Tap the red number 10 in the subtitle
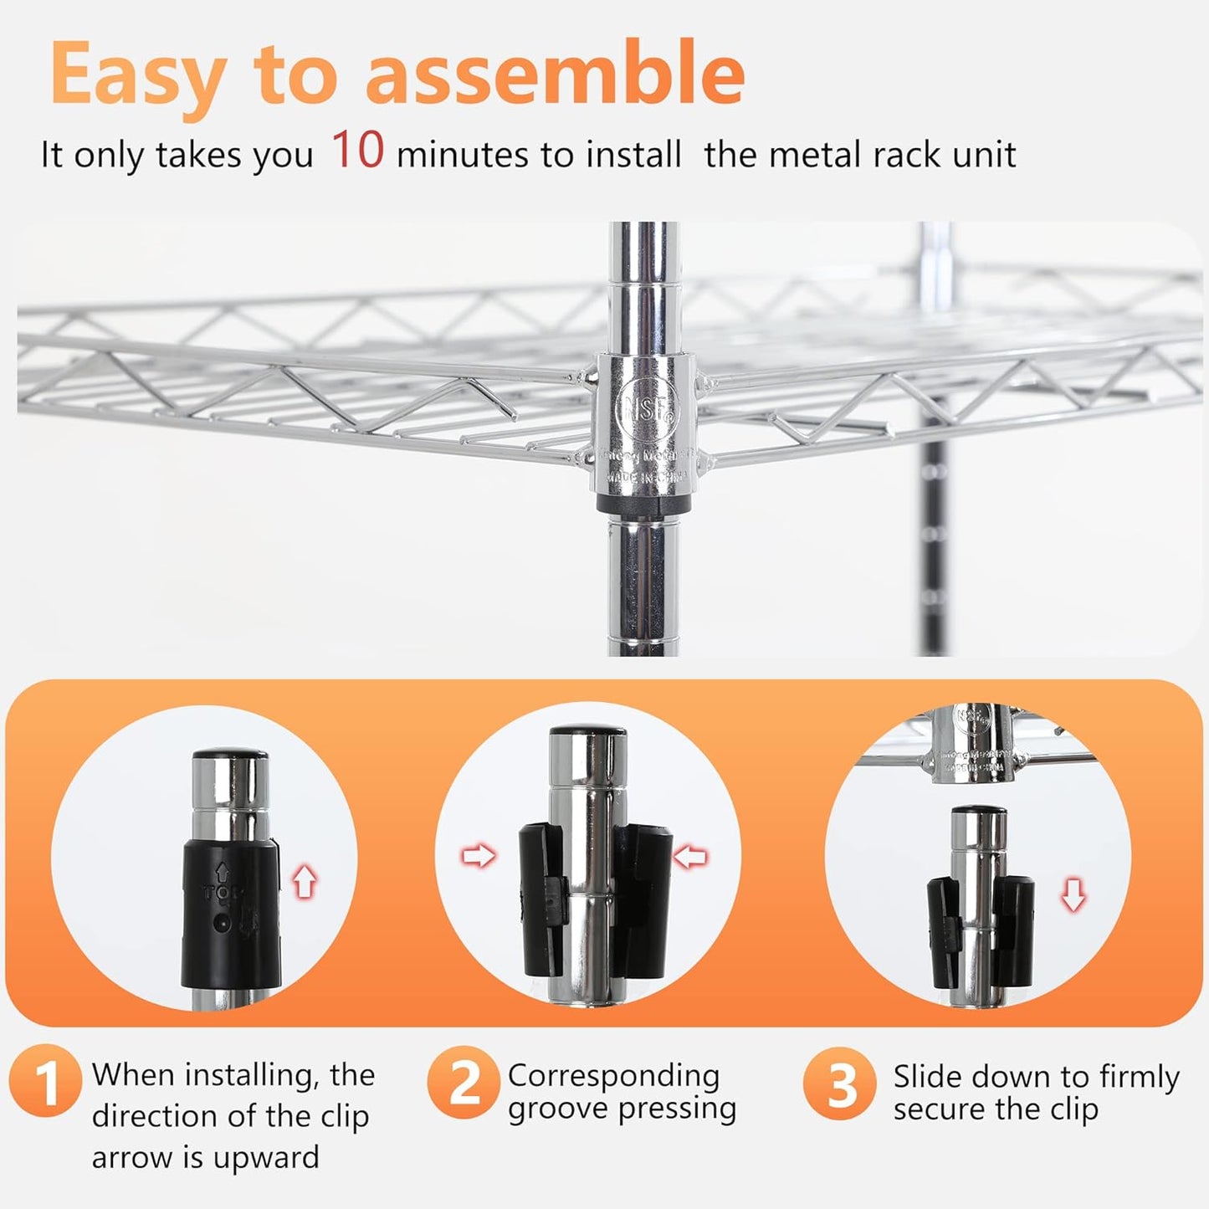357,151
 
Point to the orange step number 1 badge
46,1083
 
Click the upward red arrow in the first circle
305,882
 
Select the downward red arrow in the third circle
1073,897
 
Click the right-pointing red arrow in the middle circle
478,856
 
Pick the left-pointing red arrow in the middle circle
691,856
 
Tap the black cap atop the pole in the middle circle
587,731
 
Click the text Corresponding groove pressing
621,1092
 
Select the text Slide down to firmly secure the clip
1035,1093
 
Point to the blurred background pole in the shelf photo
935,502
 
